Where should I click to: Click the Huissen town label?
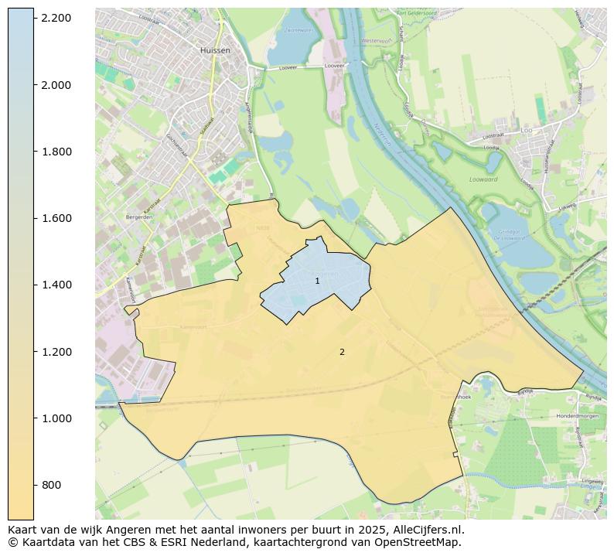(215, 50)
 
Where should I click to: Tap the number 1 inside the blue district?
(317, 281)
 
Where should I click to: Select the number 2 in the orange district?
(342, 352)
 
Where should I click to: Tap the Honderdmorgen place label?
(578, 416)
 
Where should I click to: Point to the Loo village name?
(527, 131)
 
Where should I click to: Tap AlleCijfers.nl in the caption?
(431, 530)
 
